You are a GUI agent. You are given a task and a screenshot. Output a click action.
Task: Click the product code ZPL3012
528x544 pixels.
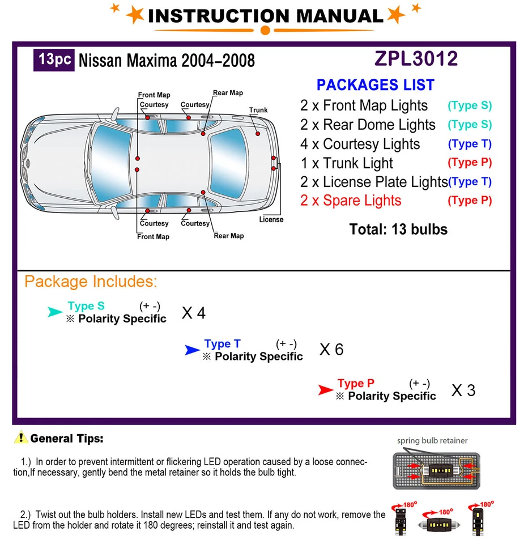[416, 59]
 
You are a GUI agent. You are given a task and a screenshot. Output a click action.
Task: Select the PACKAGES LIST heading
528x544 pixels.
[375, 85]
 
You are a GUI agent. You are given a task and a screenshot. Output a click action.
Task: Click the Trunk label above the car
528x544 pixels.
[258, 110]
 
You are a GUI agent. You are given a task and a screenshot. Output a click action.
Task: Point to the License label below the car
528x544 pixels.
[271, 219]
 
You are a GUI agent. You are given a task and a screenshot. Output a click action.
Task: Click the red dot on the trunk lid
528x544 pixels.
[258, 134]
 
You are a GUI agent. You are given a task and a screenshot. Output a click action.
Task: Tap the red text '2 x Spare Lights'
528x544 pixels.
[351, 201]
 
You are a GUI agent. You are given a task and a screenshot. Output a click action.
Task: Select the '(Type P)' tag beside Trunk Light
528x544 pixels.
[470, 163]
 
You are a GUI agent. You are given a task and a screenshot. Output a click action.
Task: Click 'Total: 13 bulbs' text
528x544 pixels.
[398, 229]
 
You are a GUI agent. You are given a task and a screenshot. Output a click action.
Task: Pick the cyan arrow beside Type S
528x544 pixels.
[55, 312]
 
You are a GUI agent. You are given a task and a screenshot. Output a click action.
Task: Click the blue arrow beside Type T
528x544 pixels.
[192, 350]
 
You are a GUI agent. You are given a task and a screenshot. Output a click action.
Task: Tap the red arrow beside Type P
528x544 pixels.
[325, 389]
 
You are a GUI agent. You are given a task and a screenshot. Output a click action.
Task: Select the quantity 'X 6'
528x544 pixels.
[331, 350]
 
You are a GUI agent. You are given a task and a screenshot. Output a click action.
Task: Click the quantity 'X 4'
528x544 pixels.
[193, 312]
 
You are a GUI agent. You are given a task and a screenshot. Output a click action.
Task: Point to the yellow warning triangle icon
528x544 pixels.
[21, 437]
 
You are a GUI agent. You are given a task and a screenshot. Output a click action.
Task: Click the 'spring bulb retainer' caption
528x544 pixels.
[432, 440]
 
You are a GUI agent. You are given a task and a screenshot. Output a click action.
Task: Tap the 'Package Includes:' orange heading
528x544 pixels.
[91, 282]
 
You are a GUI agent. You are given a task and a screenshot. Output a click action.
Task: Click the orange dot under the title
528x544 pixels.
[265, 30]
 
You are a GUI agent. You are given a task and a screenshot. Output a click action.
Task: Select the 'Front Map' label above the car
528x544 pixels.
[154, 95]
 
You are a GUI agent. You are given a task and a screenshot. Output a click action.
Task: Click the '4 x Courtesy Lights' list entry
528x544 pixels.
[360, 144]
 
